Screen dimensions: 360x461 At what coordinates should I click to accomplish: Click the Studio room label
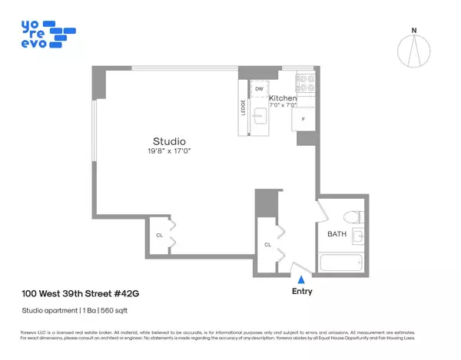click(x=169, y=141)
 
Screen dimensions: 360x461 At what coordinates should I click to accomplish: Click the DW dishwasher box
click(x=260, y=89)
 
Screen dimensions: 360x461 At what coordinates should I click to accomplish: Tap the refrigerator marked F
click(x=303, y=119)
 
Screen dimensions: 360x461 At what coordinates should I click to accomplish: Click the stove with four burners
click(x=304, y=79)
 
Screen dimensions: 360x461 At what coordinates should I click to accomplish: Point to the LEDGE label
click(x=243, y=107)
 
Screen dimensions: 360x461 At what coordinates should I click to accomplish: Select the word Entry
click(x=302, y=292)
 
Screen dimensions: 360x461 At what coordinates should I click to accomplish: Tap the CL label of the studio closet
click(x=160, y=235)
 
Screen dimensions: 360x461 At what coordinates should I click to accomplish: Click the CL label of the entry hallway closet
click(x=267, y=245)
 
